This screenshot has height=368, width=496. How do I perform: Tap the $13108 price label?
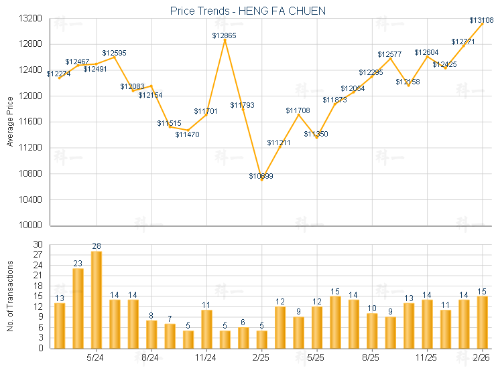tap(481, 20)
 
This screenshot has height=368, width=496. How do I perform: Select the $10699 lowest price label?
tap(261, 176)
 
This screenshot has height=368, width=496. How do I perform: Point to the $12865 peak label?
tap(224, 35)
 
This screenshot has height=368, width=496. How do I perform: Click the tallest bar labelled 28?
tap(97, 299)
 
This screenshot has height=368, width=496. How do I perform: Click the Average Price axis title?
tap(9, 122)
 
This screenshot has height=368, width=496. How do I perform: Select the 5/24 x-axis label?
tap(95, 357)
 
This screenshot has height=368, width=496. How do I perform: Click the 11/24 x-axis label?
tap(206, 357)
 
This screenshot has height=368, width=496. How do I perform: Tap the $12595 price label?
tap(114, 52)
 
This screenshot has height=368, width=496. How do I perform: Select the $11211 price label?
tap(279, 143)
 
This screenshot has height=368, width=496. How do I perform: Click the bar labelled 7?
tap(170, 335)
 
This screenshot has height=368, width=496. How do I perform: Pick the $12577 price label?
tap(389, 54)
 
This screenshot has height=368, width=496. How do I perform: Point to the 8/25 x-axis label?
tap(371, 357)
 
